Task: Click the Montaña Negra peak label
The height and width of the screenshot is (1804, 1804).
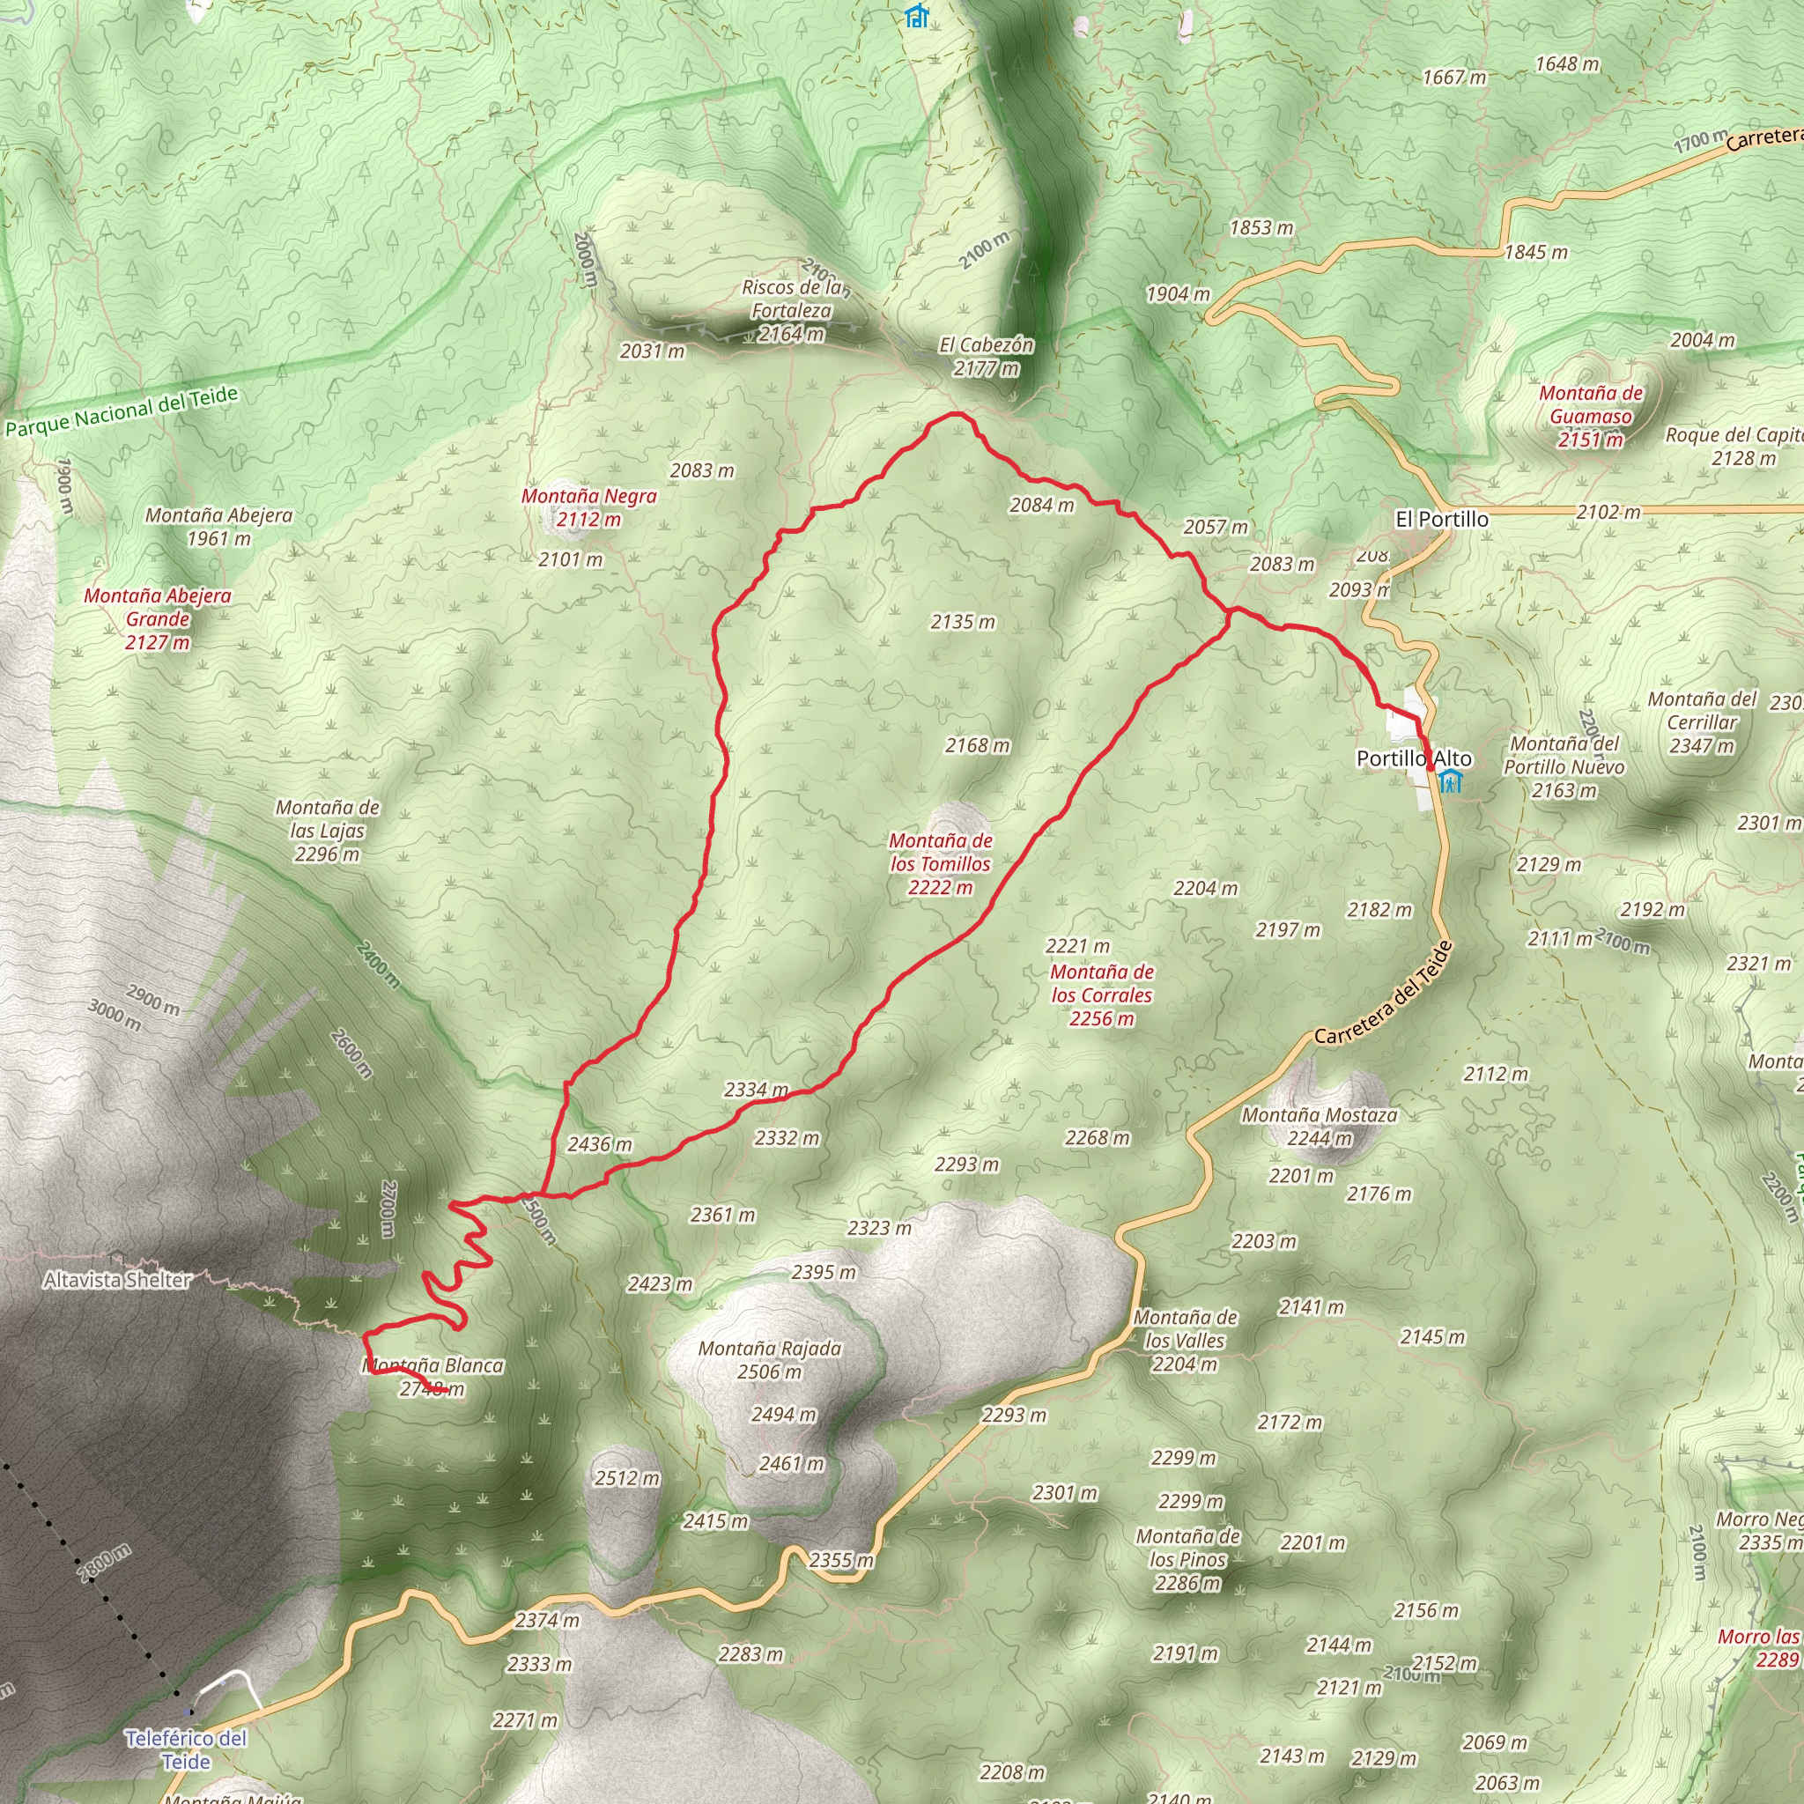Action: tap(588, 507)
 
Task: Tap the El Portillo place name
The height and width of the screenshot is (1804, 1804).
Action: tap(1441, 519)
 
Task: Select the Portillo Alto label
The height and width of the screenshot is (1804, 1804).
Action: tap(1413, 758)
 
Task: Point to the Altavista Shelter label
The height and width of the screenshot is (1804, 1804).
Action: tap(118, 1279)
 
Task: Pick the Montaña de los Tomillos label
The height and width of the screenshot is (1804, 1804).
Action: tap(940, 864)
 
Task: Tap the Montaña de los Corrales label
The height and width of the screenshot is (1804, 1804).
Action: tap(1102, 995)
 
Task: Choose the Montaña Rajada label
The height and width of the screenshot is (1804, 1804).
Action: tap(769, 1359)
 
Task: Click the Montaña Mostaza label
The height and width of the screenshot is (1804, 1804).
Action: tap(1319, 1126)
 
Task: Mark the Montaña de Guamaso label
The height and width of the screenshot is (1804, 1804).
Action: tap(1590, 417)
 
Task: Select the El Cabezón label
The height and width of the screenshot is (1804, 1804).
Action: tap(986, 357)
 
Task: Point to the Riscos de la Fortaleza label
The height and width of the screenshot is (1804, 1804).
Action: tap(792, 310)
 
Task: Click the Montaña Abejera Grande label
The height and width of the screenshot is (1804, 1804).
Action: tap(157, 618)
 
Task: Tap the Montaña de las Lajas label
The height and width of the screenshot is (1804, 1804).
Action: tap(327, 830)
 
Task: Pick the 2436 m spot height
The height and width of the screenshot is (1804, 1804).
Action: tap(600, 1144)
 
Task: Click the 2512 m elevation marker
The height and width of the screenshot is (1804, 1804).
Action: tap(627, 1478)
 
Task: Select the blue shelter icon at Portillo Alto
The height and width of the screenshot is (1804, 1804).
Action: tap(1449, 780)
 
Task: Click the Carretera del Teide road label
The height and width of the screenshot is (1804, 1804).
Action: tap(1384, 994)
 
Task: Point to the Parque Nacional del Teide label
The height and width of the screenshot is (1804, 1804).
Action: tap(122, 410)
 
